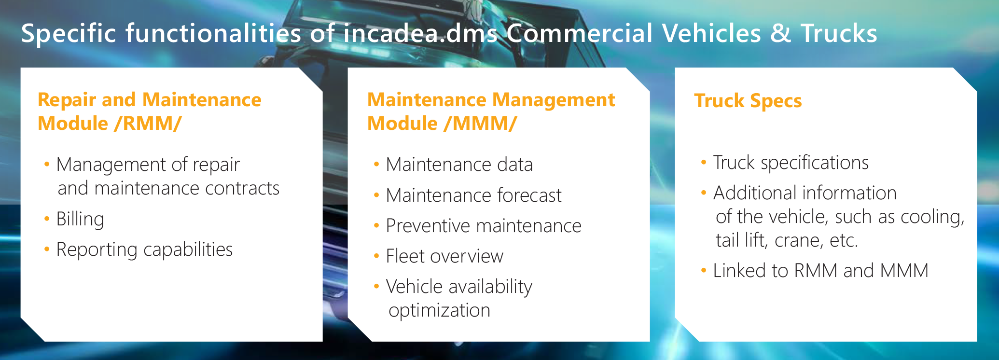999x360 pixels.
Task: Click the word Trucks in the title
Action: click(x=839, y=33)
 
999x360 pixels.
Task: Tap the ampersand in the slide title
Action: click(x=781, y=34)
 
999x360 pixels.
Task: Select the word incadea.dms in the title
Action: click(x=420, y=33)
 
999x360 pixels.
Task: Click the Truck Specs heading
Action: click(x=748, y=101)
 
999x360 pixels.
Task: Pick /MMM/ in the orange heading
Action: click(x=480, y=124)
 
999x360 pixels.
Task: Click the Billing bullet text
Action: click(x=80, y=219)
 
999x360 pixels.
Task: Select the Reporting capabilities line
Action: click(x=144, y=250)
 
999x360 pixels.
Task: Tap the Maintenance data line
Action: click(x=459, y=165)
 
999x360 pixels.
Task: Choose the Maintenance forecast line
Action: click(x=474, y=195)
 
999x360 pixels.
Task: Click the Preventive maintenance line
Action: click(x=484, y=226)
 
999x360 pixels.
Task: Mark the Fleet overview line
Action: click(x=444, y=256)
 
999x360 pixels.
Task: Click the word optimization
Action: click(x=440, y=311)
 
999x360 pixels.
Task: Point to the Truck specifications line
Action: click(x=791, y=163)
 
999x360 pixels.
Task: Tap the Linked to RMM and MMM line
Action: click(x=821, y=271)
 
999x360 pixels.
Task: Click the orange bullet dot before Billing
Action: click(x=47, y=219)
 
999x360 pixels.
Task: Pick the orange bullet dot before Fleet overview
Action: click(x=376, y=256)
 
